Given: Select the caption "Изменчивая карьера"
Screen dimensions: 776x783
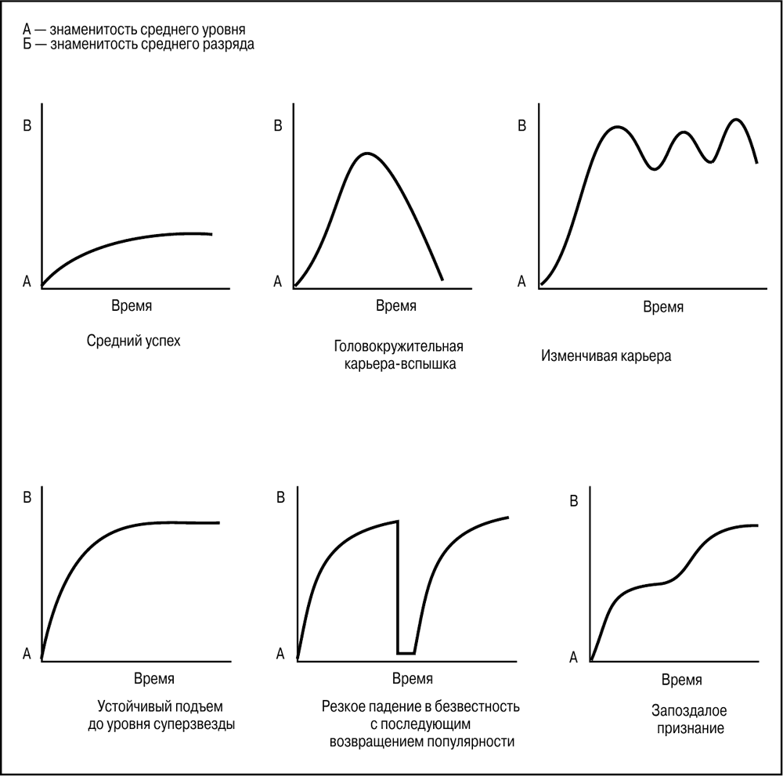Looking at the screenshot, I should (x=606, y=356).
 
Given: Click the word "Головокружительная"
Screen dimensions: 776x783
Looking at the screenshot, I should (x=399, y=346).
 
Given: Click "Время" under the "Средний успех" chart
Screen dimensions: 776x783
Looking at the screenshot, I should (x=132, y=305).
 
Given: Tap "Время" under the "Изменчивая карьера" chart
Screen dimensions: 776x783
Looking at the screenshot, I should (x=663, y=307).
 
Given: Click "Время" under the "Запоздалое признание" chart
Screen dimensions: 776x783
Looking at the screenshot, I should (x=682, y=679).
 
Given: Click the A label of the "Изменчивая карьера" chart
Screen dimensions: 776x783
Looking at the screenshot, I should (x=522, y=281).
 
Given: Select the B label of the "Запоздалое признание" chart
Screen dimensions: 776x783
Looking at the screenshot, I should (x=573, y=500).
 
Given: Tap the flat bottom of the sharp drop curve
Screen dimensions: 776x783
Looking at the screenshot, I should (x=406, y=652).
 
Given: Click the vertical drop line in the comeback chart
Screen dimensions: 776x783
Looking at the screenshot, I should (x=398, y=587).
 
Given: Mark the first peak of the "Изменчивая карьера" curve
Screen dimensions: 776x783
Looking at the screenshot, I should (x=617, y=126).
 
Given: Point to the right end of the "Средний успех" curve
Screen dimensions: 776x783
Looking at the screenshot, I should (x=211, y=233).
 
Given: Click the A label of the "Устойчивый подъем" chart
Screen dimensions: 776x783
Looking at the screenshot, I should (x=27, y=652).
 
